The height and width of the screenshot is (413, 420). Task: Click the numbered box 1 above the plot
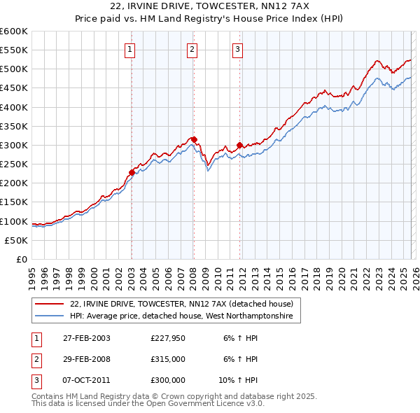pyautogui.click(x=131, y=49)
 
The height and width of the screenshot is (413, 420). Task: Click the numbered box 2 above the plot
pyautogui.click(x=192, y=49)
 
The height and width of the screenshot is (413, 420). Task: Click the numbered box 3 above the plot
pyautogui.click(x=237, y=49)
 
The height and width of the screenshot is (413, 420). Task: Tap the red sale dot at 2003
pyautogui.click(x=132, y=172)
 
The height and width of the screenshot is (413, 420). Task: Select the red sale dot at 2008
pyautogui.click(x=194, y=139)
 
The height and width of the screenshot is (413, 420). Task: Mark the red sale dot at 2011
pyautogui.click(x=239, y=145)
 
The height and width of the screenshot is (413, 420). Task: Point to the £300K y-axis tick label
pyautogui.click(x=14, y=145)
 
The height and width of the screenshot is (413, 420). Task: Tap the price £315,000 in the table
pyautogui.click(x=168, y=359)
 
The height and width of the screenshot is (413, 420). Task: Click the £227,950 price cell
pyautogui.click(x=168, y=338)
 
